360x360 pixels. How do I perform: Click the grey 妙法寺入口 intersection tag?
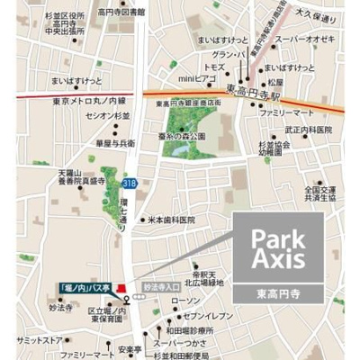pyautogui.click(x=158, y=290)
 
